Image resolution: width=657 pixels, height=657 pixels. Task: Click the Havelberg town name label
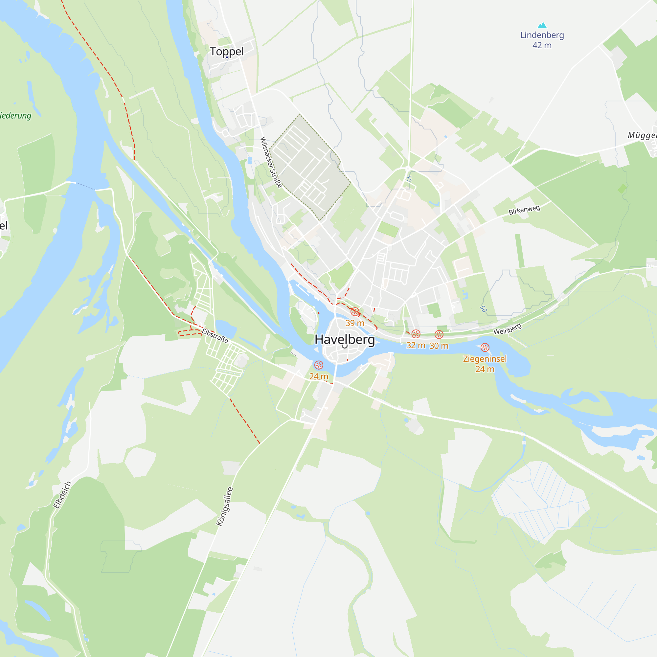coord(345,339)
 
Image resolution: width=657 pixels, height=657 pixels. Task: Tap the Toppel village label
coord(227,51)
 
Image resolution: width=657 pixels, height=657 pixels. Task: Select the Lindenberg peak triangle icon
coord(542,26)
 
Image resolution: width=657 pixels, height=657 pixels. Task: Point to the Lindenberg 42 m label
coord(542,40)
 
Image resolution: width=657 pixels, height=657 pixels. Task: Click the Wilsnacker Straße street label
coord(271,162)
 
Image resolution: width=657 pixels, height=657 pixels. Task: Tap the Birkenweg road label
coord(524,210)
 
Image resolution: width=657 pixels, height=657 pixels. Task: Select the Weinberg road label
coord(507,329)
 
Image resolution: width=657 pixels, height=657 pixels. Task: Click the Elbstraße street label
coord(215,336)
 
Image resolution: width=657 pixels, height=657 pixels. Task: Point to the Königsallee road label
coord(225,506)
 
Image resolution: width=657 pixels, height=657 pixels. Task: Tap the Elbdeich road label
coord(62,495)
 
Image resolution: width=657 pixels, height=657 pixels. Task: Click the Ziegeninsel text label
coord(485,359)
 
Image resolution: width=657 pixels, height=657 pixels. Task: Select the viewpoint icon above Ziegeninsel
coord(485,348)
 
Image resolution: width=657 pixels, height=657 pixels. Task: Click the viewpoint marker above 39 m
coord(355,311)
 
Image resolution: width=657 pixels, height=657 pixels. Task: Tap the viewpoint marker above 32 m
coord(416,334)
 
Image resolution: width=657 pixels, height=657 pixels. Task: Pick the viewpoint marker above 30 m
coord(439,335)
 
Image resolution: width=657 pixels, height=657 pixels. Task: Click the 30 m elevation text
coord(439,346)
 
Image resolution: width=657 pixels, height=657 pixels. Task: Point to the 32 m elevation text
coord(416,346)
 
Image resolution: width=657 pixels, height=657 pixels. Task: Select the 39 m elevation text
coord(355,323)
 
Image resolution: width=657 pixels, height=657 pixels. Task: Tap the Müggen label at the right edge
coord(642,135)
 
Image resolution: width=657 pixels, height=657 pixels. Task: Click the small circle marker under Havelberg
coord(345,346)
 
